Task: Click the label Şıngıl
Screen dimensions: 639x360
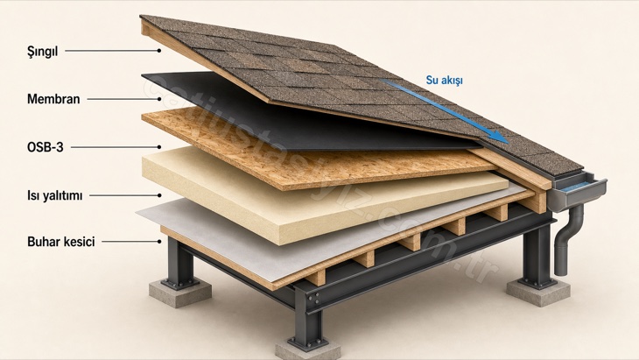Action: (42, 52)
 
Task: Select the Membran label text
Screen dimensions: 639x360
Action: (53, 99)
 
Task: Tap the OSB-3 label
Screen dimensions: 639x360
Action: (46, 147)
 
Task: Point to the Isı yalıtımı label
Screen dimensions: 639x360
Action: (54, 195)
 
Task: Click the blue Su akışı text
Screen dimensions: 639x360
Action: (444, 81)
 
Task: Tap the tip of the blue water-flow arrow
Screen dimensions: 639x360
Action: (509, 143)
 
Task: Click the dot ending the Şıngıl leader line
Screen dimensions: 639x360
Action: (159, 51)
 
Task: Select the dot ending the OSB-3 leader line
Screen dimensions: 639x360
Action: (159, 147)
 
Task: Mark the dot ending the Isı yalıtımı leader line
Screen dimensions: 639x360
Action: (159, 195)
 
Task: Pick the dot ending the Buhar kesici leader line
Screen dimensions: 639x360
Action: (159, 242)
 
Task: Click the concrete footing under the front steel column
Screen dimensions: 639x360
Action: (307, 351)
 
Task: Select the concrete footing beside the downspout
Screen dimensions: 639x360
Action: (538, 293)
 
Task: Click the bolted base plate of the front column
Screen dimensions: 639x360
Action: (307, 342)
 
